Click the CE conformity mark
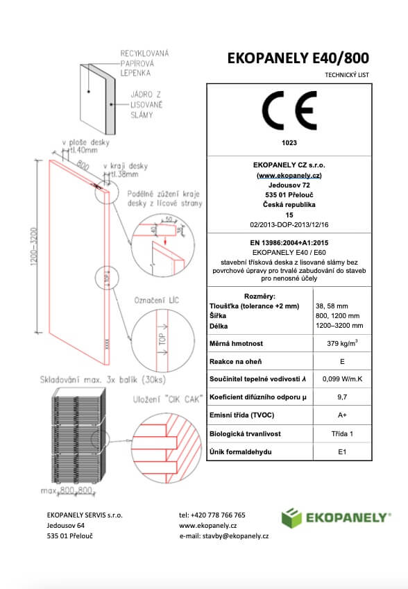pyautogui.click(x=289, y=110)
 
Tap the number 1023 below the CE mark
pyautogui.click(x=289, y=143)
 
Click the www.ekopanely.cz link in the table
pyautogui.click(x=289, y=176)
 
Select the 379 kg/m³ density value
pyautogui.click(x=342, y=343)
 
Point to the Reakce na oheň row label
pyautogui.click(x=235, y=362)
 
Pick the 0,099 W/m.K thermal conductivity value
pyautogui.click(x=342, y=379)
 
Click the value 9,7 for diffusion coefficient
pyautogui.click(x=342, y=397)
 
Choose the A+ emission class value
pyautogui.click(x=342, y=415)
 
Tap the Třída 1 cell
pyautogui.click(x=342, y=434)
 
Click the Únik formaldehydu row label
pyautogui.click(x=240, y=452)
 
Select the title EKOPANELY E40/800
pyautogui.click(x=298, y=58)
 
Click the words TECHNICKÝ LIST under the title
pyautogui.click(x=347, y=75)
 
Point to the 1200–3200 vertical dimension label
pyautogui.click(x=34, y=247)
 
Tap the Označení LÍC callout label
pyautogui.click(x=157, y=301)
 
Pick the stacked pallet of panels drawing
pyautogui.click(x=78, y=436)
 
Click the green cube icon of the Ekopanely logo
pyautogui.click(x=291, y=518)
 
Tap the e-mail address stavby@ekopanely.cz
pyautogui.click(x=235, y=536)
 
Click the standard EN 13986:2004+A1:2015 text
pyautogui.click(x=289, y=243)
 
